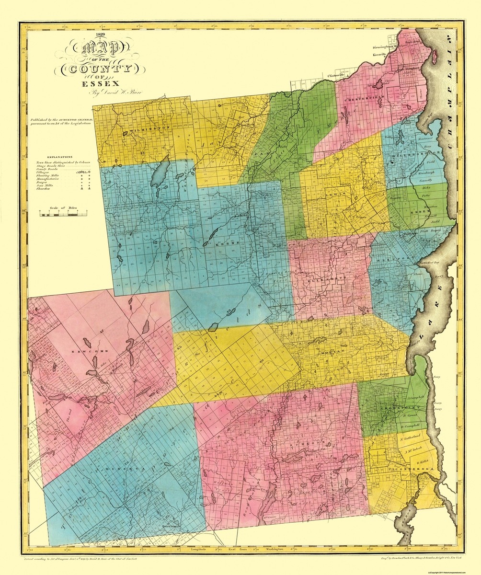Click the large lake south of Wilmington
(x=160, y=175)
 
